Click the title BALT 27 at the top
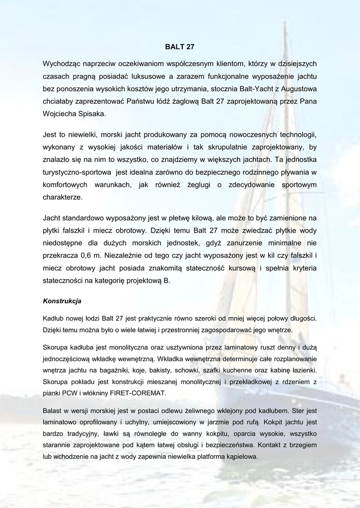[179, 47]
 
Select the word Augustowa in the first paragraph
[297, 89]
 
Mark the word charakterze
[63, 197]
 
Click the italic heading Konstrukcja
[62, 301]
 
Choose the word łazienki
[302, 370]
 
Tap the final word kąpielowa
[239, 457]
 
